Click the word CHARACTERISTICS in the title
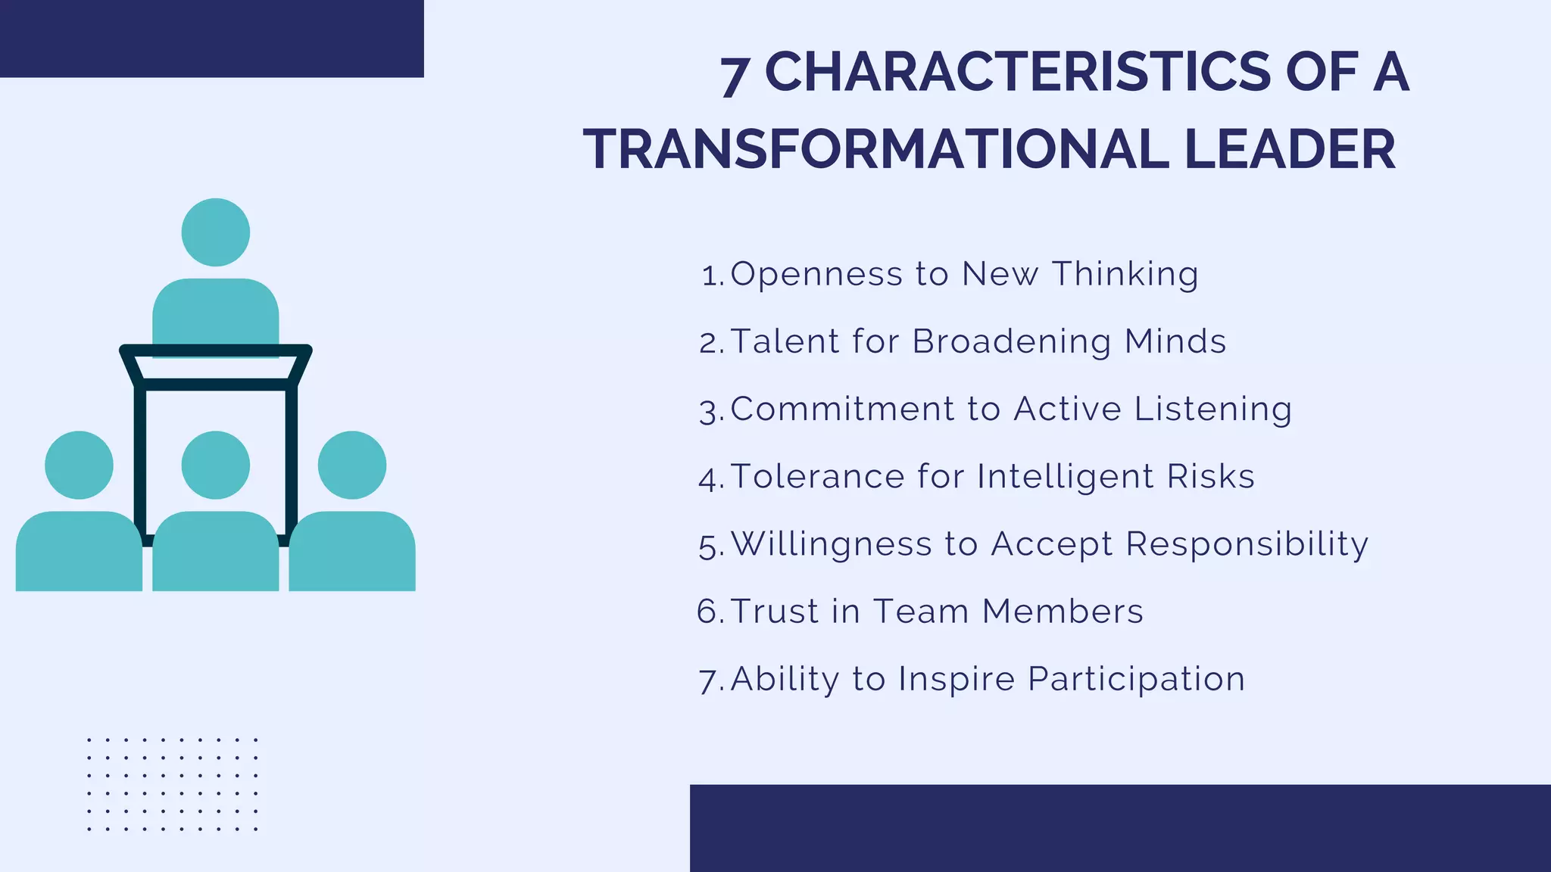coord(1017,73)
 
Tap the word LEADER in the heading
coord(1290,149)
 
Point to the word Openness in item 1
coord(816,274)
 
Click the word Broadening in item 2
coord(1012,341)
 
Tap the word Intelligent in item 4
coord(1066,477)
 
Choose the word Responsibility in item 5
coord(1247,544)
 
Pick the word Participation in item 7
coord(1136,679)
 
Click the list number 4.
coord(710,479)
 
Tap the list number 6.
coord(710,612)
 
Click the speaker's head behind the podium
coord(216,232)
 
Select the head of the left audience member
coord(79,465)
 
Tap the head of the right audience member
coord(352,465)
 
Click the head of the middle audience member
coord(216,465)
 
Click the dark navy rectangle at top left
coord(211,38)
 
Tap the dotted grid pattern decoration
coord(172,784)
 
